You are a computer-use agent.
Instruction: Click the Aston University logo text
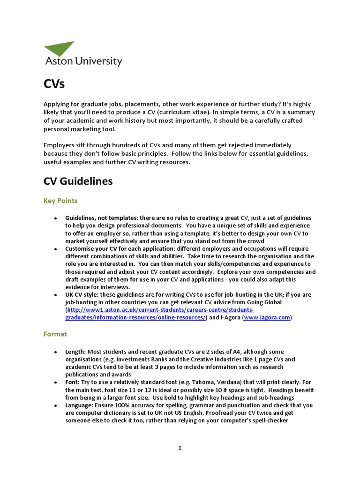[x=83, y=61]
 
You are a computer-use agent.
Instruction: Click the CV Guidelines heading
[x=78, y=181]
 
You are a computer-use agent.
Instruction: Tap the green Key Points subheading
[x=60, y=201]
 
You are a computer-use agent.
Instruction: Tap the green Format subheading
[x=55, y=334]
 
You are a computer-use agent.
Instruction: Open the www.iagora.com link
[x=267, y=317]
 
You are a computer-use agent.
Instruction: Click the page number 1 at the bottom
[x=180, y=448]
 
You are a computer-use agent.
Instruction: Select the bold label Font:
[x=73, y=382]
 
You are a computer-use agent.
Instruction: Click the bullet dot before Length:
[x=55, y=352]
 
